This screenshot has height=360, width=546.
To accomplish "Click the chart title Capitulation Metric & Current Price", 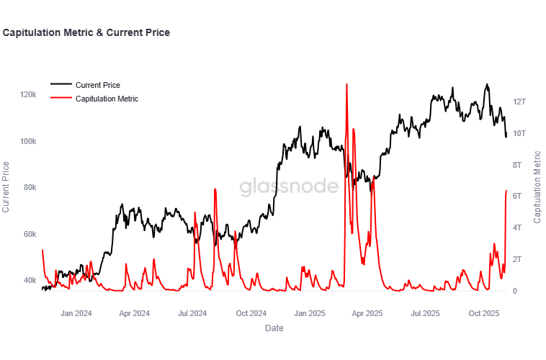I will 86,33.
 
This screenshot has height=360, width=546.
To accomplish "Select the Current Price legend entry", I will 97,85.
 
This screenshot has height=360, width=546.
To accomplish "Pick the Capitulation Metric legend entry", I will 107,99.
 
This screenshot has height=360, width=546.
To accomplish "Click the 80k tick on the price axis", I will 30,187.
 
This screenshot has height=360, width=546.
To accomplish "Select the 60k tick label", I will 30,234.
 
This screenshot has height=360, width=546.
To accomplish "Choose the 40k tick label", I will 30,280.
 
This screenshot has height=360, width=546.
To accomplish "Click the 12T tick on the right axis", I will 520,102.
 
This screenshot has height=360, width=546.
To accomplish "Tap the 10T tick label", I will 520,134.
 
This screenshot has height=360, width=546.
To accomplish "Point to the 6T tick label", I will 518,197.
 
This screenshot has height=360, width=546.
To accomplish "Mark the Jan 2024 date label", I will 76,313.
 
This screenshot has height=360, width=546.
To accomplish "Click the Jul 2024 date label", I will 192,313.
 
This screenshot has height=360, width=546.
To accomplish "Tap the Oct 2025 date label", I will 484,313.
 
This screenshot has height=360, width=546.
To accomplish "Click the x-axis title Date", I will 274,328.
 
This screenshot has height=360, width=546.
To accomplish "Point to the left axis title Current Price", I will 6,187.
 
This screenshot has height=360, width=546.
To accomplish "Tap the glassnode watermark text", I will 289,187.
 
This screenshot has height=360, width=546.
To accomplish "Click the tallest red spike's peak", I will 346,84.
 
